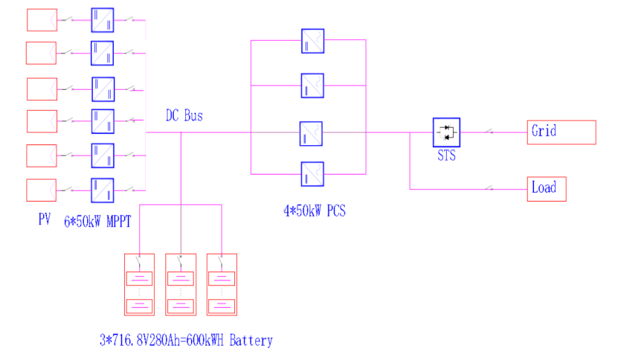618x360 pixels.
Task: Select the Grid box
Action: tap(561, 132)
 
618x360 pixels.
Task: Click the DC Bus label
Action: tap(184, 116)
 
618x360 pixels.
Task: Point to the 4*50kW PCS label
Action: tap(315, 210)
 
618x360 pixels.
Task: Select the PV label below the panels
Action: tap(43, 220)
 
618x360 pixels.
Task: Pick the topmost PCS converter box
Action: tap(312, 40)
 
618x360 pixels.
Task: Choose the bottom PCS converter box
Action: tap(312, 173)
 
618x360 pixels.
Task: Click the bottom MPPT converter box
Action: tap(103, 190)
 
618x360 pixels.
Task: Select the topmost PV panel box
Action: tap(42, 19)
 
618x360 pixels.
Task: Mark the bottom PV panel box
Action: tap(42, 190)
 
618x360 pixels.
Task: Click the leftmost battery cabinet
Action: tap(139, 284)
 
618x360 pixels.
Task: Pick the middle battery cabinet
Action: tap(179, 284)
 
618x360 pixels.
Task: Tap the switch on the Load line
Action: tap(489, 188)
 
